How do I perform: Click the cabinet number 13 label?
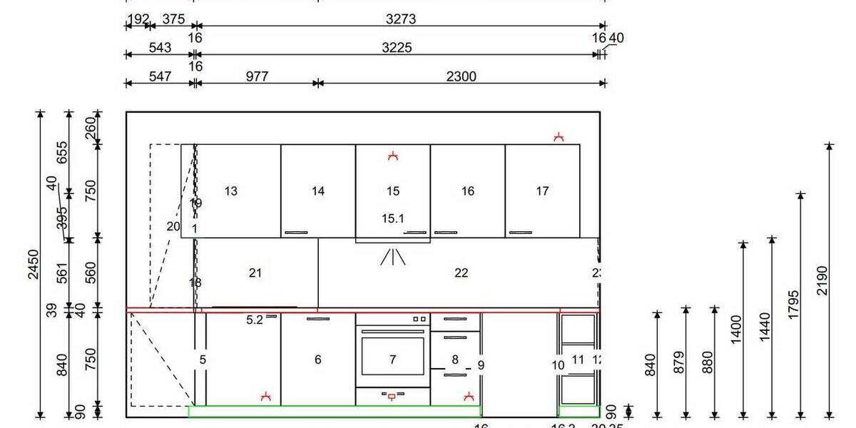pyautogui.click(x=230, y=191)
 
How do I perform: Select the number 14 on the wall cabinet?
pyautogui.click(x=318, y=191)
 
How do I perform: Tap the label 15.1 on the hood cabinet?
pyautogui.click(x=392, y=219)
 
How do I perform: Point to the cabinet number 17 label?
pyautogui.click(x=542, y=191)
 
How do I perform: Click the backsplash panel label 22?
pyautogui.click(x=461, y=273)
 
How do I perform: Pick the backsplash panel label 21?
pyautogui.click(x=255, y=273)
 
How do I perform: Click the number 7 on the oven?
pyautogui.click(x=392, y=360)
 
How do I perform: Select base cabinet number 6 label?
pyautogui.click(x=318, y=360)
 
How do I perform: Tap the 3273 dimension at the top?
pyautogui.click(x=399, y=19)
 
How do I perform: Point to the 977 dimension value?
pyautogui.click(x=257, y=76)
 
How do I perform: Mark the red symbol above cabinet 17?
pyautogui.click(x=559, y=136)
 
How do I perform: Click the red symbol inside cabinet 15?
pyautogui.click(x=392, y=156)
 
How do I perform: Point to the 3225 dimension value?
pyautogui.click(x=397, y=48)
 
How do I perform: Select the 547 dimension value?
pyautogui.click(x=160, y=76)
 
